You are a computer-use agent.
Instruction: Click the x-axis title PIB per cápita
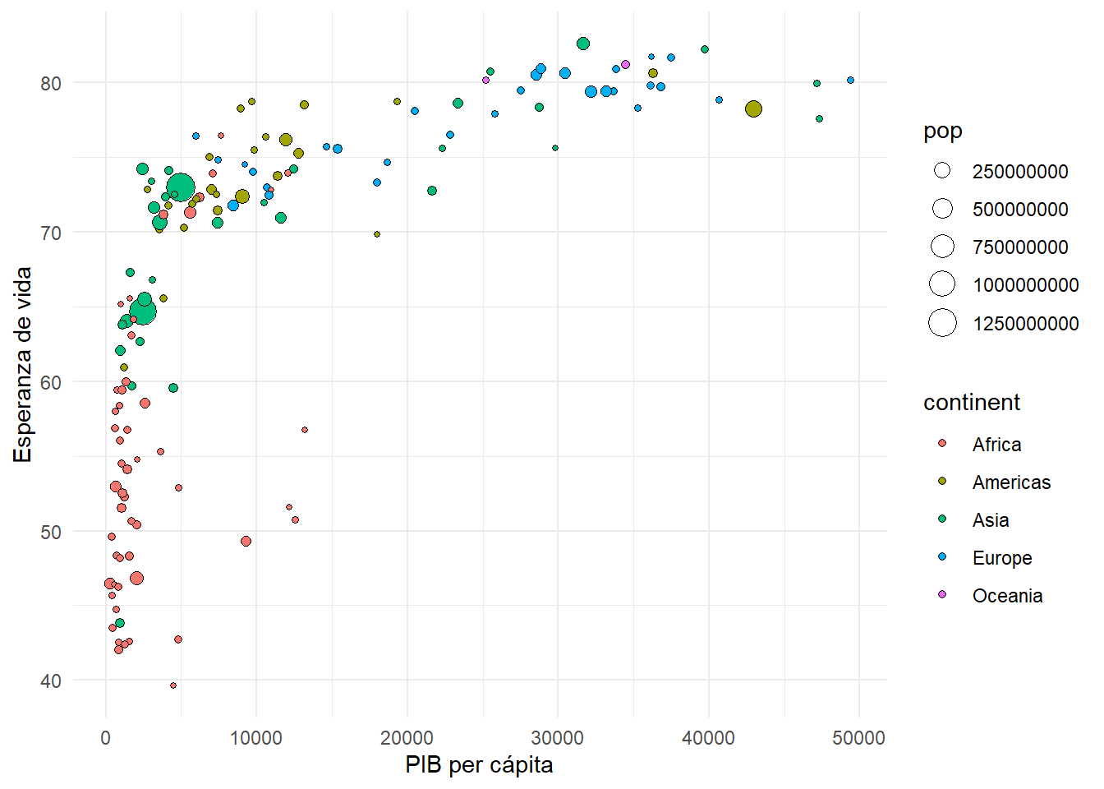[x=479, y=765]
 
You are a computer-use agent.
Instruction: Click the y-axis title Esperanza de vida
[x=23, y=364]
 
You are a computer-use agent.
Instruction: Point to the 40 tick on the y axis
[x=50, y=681]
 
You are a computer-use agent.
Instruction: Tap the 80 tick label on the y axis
[x=50, y=84]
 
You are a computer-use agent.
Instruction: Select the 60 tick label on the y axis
[x=50, y=383]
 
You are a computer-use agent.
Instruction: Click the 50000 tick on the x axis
[x=858, y=738]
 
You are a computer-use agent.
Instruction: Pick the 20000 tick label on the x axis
[x=407, y=738]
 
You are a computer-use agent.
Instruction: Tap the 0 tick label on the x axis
[x=105, y=738]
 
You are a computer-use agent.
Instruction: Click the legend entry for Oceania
[x=1007, y=596]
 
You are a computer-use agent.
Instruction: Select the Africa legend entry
[x=996, y=445]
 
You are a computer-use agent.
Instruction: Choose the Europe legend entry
[x=1001, y=558]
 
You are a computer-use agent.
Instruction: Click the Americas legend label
[x=1011, y=482]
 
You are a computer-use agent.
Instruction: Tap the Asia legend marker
[x=942, y=519]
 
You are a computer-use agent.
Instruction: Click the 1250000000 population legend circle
[x=942, y=323]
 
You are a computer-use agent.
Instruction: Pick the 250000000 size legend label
[x=1020, y=172]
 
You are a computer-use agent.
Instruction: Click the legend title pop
[x=942, y=131]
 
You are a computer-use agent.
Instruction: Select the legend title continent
[x=971, y=403]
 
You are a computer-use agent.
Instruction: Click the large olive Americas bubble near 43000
[x=753, y=109]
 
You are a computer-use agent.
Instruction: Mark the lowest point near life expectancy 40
[x=172, y=685]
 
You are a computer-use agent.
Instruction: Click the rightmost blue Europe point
[x=850, y=81]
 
